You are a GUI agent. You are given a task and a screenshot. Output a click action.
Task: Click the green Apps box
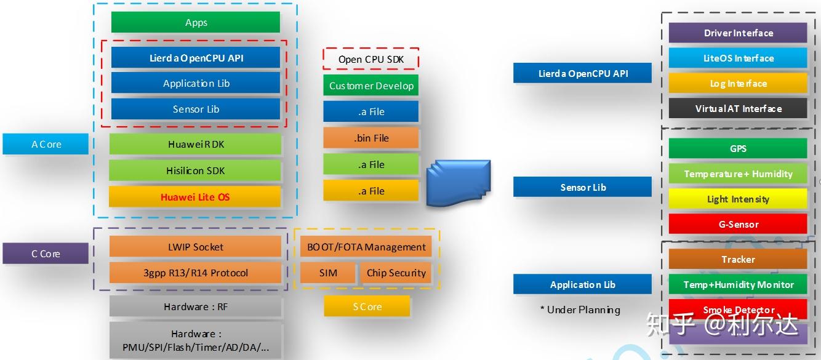point(196,22)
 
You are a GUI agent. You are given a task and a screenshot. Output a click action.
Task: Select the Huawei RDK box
point(195,144)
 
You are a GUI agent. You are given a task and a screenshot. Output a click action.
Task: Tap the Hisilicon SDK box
point(195,170)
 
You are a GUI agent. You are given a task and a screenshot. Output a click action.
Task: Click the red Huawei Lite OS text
point(195,197)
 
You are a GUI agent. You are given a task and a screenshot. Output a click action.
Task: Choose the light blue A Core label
point(46,144)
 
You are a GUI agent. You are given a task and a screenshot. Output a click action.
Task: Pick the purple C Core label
point(46,254)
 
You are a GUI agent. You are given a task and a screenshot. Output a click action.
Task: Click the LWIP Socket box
point(195,246)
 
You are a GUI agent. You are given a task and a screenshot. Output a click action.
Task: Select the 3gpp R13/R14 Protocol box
point(195,273)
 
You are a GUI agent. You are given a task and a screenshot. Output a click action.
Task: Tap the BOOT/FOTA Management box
point(366,247)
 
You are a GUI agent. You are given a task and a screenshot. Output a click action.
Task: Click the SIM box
point(328,273)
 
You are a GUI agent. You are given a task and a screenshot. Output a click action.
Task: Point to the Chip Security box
point(396,273)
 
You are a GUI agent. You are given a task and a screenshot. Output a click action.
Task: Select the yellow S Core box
point(367,306)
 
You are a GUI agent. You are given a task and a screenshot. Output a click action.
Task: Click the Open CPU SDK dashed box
point(371,58)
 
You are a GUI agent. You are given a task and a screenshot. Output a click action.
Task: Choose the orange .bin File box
point(371,138)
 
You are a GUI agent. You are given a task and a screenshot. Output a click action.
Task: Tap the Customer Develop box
point(371,86)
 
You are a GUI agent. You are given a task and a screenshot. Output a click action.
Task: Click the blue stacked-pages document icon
point(459,182)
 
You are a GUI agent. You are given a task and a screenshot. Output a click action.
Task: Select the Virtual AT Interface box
point(738,108)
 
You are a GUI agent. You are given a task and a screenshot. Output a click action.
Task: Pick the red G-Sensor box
point(738,223)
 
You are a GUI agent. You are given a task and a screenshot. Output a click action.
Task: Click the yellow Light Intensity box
point(738,199)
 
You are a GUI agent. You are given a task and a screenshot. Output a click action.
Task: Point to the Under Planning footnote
point(580,310)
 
